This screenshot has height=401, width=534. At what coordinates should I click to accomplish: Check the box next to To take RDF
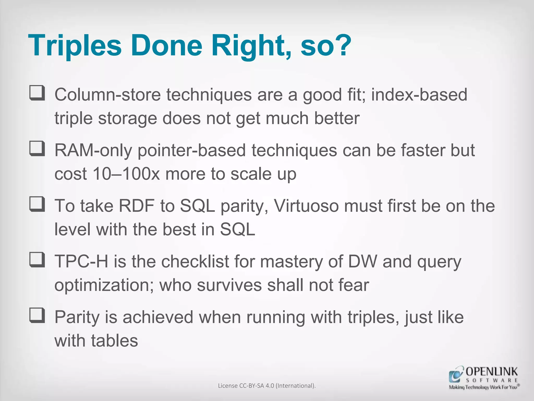pos(37,204)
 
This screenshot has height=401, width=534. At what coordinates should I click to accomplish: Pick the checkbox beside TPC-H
pos(37,260)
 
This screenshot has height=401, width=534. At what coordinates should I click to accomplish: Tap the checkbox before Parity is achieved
pos(37,315)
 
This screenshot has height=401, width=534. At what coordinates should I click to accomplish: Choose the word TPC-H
pos(81,262)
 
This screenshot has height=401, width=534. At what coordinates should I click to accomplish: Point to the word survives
pos(229,285)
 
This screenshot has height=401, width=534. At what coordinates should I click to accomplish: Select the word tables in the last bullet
pos(114,341)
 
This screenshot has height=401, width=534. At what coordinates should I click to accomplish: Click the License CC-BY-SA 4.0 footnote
pos(267,386)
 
